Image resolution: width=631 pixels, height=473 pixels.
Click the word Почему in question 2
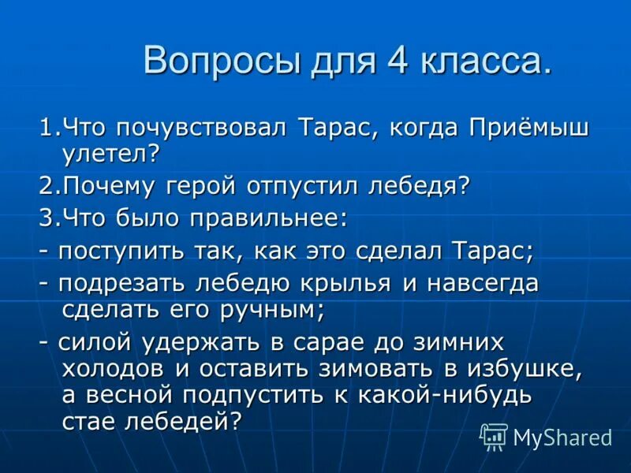[x=107, y=186]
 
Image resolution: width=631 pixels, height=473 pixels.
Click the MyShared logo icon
[x=494, y=436]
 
